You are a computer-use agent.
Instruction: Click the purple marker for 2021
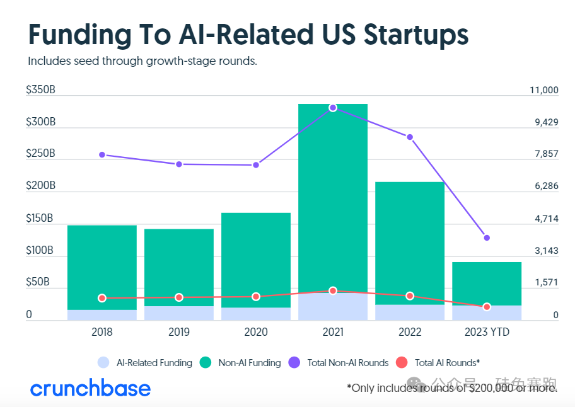[x=333, y=108]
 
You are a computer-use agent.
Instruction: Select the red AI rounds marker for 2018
[x=102, y=298]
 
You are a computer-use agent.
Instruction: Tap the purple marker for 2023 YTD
[x=487, y=238]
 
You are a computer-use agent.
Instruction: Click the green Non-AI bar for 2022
[x=410, y=239]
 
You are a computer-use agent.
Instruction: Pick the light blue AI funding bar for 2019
[x=179, y=313]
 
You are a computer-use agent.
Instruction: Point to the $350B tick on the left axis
[x=40, y=90]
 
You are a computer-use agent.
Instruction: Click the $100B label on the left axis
[x=40, y=251]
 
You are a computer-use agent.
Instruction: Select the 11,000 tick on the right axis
[x=544, y=90]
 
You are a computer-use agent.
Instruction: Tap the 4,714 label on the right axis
[x=547, y=219]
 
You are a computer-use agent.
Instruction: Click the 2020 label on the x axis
[x=256, y=332]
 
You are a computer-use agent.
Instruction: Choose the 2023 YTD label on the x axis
[x=487, y=332]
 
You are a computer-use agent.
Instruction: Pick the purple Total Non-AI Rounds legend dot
[x=294, y=362]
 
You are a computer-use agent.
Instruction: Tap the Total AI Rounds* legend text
[x=448, y=363]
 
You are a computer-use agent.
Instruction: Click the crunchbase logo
[x=91, y=387]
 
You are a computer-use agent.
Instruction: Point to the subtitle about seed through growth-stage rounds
[x=142, y=62]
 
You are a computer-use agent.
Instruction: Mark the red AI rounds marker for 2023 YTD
[x=487, y=307]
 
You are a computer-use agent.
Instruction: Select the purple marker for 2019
[x=179, y=164]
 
